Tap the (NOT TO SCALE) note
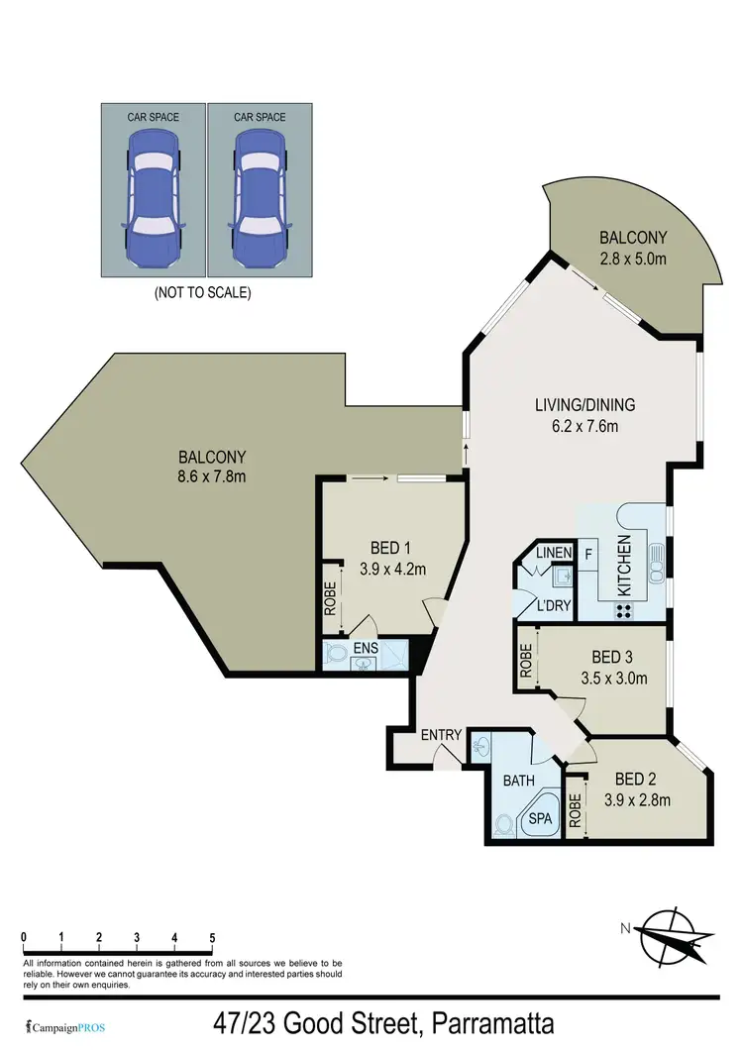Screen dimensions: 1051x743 click(202, 293)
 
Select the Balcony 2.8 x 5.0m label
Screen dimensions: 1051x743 click(633, 247)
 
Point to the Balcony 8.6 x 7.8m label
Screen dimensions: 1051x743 click(211, 467)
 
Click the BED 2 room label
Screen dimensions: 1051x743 click(630, 778)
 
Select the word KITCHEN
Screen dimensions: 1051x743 click(625, 565)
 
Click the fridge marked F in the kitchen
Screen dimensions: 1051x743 click(588, 553)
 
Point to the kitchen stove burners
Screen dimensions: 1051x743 click(625, 611)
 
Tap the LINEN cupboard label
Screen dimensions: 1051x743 click(552, 551)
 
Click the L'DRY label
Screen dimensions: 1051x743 click(552, 605)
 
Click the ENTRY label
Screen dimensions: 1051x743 click(440, 734)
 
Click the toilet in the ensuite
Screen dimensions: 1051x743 click(337, 654)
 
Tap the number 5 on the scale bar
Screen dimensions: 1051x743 click(211, 937)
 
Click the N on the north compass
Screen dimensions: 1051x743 click(624, 928)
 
